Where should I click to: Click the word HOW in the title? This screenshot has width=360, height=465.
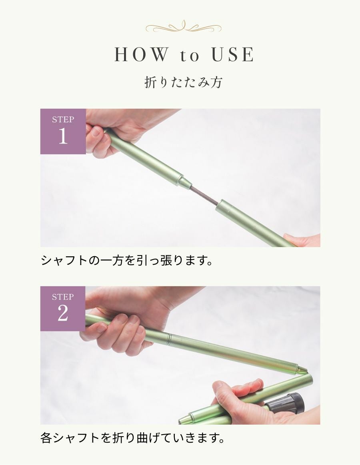(x=141, y=54)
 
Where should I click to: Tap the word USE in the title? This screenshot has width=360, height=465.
(x=233, y=54)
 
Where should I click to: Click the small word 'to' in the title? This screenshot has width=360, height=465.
(x=189, y=56)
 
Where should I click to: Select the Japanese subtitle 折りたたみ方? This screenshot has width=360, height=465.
(x=184, y=82)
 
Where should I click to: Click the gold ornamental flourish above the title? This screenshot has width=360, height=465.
(x=184, y=27)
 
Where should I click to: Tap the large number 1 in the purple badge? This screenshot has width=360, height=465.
(x=63, y=136)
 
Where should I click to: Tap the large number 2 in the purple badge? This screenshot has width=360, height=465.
(x=63, y=313)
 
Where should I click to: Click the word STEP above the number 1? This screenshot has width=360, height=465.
(x=63, y=120)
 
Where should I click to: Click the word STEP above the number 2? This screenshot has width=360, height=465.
(x=63, y=297)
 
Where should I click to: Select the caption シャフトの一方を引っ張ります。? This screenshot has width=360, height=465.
(x=127, y=261)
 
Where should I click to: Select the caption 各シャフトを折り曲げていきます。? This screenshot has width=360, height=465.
(x=133, y=438)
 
